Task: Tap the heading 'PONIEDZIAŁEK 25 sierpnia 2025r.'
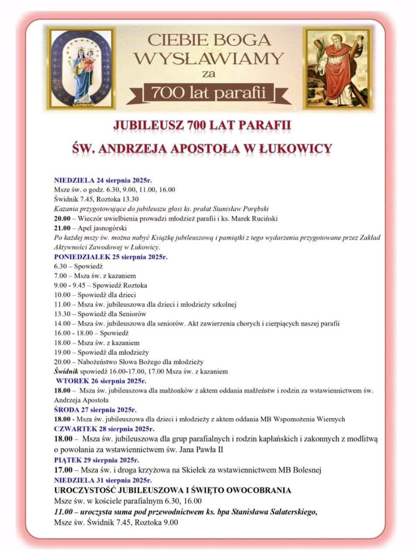pyautogui.click(x=111, y=257)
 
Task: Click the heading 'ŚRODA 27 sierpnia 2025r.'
pyautogui.click(x=95, y=410)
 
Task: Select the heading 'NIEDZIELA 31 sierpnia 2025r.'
pyautogui.click(x=103, y=480)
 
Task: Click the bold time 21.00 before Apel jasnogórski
pyautogui.click(x=62, y=228)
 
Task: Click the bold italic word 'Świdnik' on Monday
pyautogui.click(x=65, y=371)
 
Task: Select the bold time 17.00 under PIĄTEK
pyautogui.click(x=62, y=470)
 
